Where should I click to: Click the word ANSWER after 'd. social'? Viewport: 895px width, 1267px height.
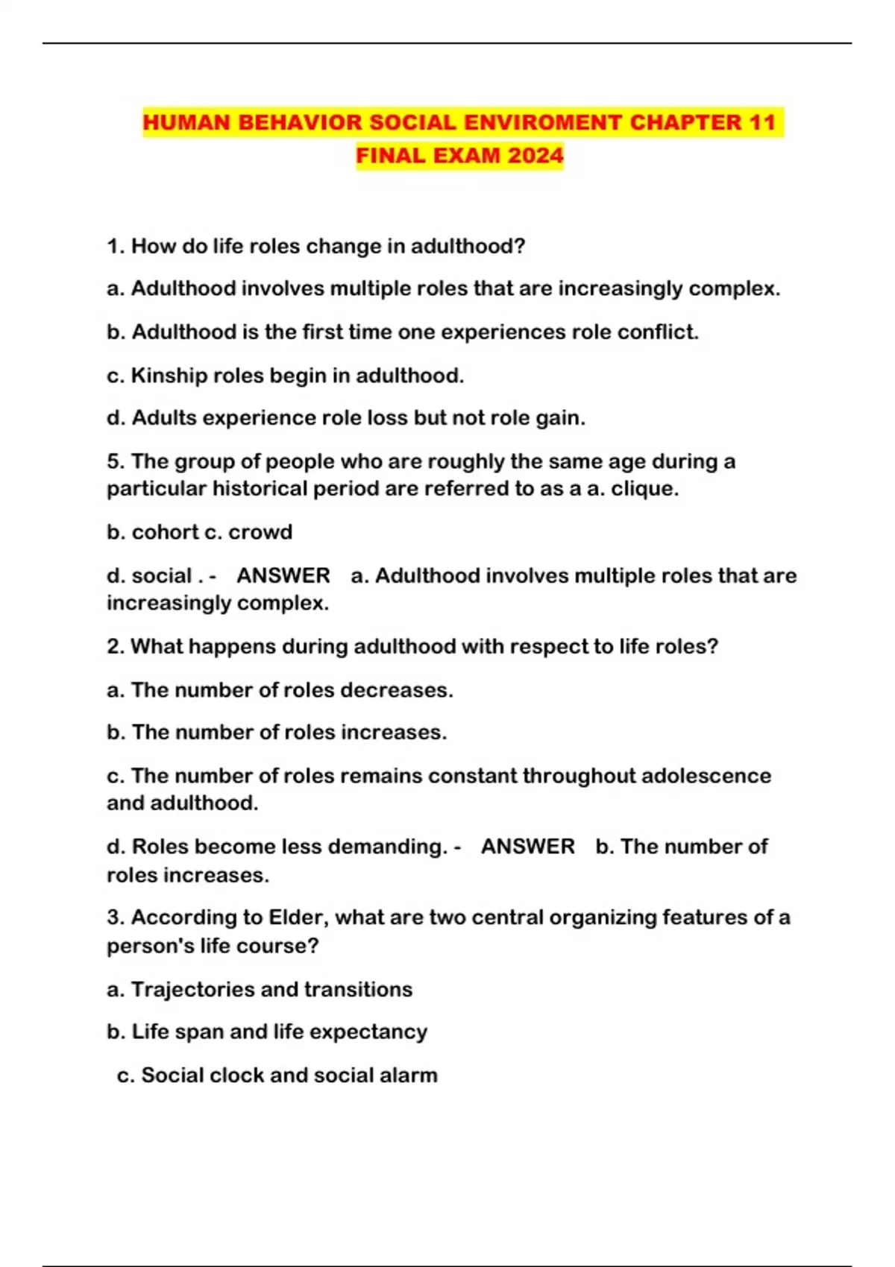pos(283,575)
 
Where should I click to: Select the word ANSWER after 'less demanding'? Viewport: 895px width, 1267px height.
pos(528,847)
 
